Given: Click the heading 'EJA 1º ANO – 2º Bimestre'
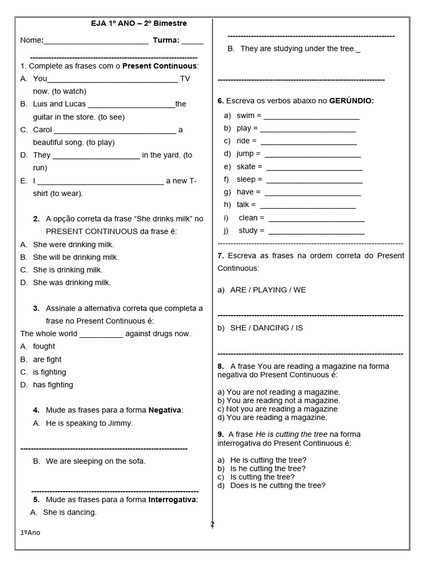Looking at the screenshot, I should (x=139, y=24).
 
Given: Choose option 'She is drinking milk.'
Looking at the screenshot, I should (x=68, y=270).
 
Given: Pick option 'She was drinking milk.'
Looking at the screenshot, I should (x=72, y=282).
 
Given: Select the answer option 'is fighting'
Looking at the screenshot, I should (x=49, y=372).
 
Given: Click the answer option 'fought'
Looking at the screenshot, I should (x=44, y=346).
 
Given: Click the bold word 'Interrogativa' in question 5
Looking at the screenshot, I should (x=173, y=499).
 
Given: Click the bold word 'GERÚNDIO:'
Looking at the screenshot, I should (x=351, y=101).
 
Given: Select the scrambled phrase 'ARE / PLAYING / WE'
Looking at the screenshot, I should (x=268, y=290).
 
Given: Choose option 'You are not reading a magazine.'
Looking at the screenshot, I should (x=283, y=392).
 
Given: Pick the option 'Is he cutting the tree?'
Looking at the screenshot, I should (x=268, y=468).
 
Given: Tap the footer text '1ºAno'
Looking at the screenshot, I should (x=30, y=532).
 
